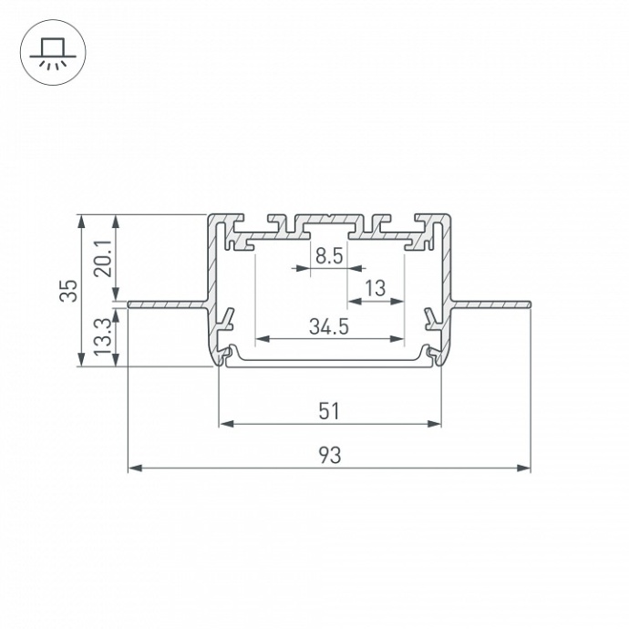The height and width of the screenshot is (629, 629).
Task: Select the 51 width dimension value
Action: coord(329,411)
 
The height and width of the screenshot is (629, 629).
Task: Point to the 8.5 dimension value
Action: coord(328,256)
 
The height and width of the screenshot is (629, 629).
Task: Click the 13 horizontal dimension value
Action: coord(374,289)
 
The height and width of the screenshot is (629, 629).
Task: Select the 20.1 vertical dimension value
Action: coord(102,256)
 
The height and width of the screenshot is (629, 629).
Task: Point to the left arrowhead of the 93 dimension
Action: coord(133,469)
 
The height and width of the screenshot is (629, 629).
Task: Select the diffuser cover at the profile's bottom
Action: coord(329,362)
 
